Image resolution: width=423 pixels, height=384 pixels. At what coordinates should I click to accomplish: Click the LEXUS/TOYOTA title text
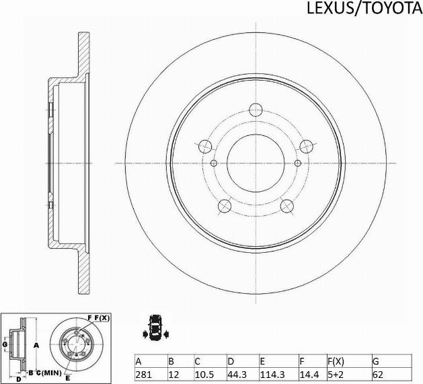click(364, 8)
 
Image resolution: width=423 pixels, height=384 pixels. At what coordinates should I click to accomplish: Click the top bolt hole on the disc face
click(256, 110)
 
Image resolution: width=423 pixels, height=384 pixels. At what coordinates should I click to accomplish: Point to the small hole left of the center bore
click(214, 163)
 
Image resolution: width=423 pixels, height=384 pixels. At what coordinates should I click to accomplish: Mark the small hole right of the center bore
click(298, 163)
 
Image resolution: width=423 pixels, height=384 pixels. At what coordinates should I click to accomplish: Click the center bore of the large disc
click(256, 163)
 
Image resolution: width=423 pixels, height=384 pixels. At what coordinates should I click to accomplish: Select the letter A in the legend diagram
click(37, 344)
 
